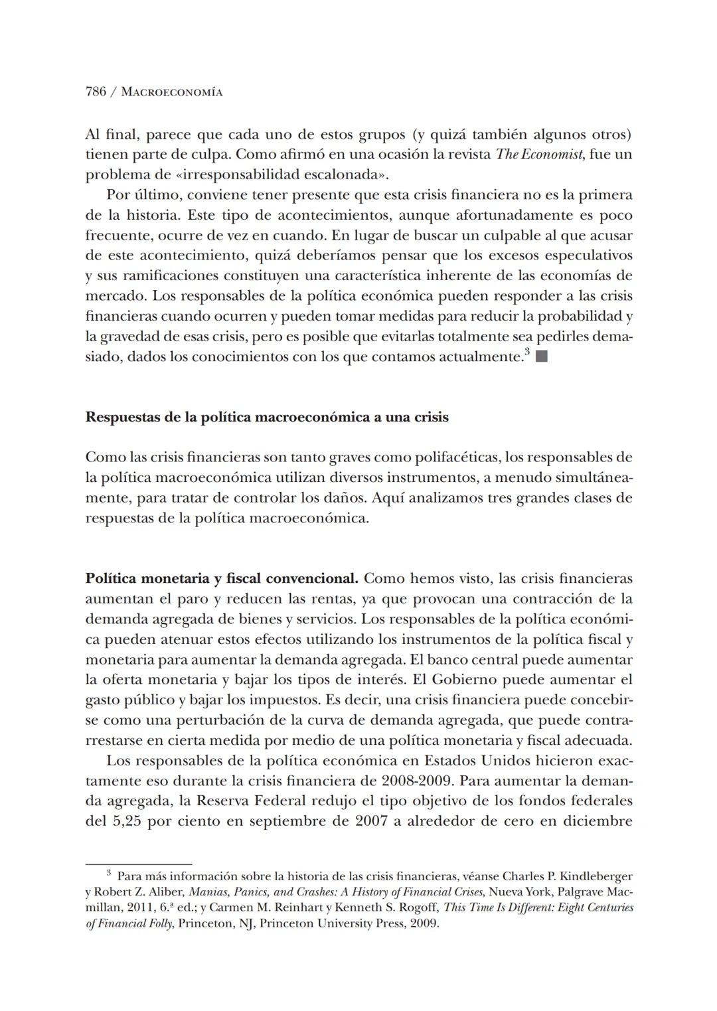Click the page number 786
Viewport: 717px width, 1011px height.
[x=96, y=92]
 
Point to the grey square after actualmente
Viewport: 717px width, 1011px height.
[x=541, y=357]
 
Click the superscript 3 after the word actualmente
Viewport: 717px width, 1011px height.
[x=526, y=352]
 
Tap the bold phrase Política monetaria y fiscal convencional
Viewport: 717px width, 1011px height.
[x=222, y=579]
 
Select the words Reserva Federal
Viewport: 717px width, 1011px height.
[x=246, y=801]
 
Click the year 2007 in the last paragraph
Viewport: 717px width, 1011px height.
[x=376, y=821]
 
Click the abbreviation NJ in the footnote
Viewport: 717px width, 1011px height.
[x=247, y=923]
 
